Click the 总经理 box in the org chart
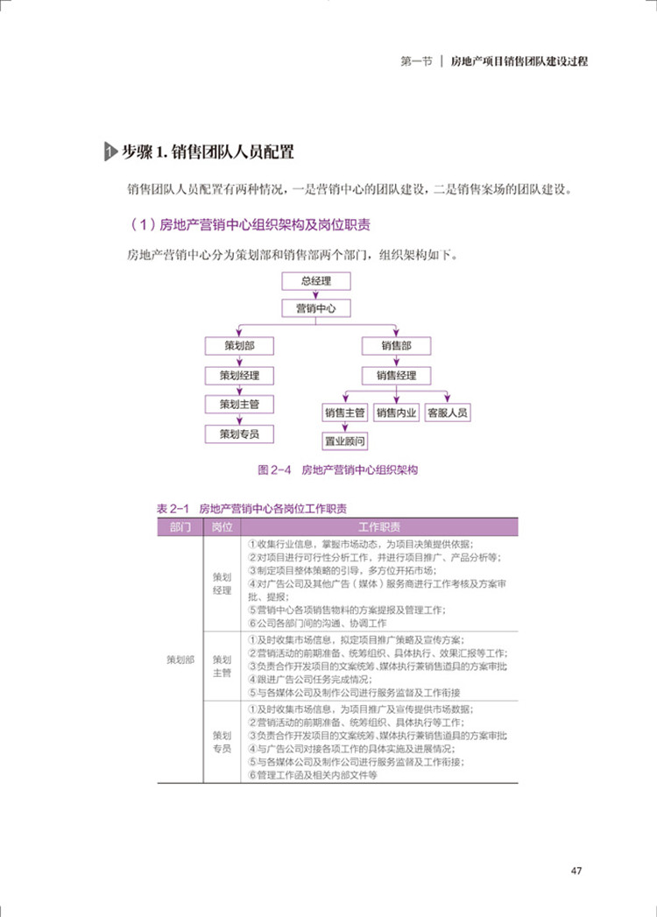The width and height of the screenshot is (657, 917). click(x=316, y=281)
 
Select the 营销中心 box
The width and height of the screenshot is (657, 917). click(x=316, y=308)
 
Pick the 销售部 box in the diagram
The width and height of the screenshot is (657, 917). click(x=396, y=346)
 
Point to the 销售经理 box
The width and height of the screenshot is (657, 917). click(x=396, y=376)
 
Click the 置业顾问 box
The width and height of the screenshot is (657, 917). click(x=344, y=441)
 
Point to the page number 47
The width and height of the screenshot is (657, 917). click(x=576, y=871)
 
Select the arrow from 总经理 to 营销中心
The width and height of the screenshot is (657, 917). click(x=316, y=295)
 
